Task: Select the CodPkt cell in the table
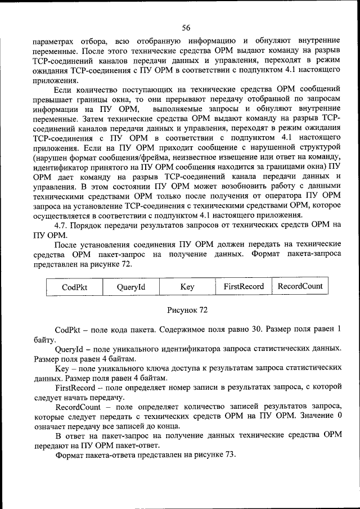74,287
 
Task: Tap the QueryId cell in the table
131,287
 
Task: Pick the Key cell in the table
187,287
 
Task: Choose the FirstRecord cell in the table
244,286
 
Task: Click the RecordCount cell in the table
300,286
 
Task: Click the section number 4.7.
62,224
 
